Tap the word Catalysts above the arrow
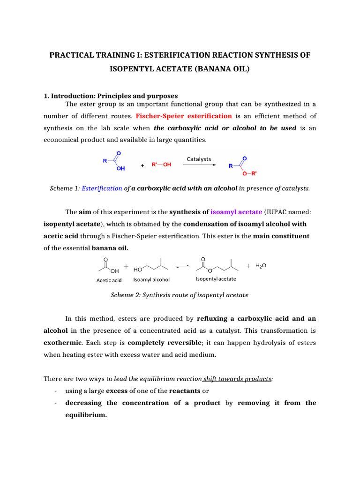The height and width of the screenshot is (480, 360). pyautogui.click(x=199, y=159)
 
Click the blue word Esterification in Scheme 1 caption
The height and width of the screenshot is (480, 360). pyautogui.click(x=102, y=188)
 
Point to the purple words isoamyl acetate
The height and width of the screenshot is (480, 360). pyautogui.click(x=236, y=212)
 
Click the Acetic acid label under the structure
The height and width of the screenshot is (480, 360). pyautogui.click(x=109, y=280)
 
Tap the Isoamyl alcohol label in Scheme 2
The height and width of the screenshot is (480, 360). pyautogui.click(x=151, y=280)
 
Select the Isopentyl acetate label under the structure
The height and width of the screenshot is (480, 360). pyautogui.click(x=216, y=279)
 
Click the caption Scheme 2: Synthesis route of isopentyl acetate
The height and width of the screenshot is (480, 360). pyautogui.click(x=180, y=295)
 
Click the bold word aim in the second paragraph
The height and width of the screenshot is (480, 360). pyautogui.click(x=85, y=212)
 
